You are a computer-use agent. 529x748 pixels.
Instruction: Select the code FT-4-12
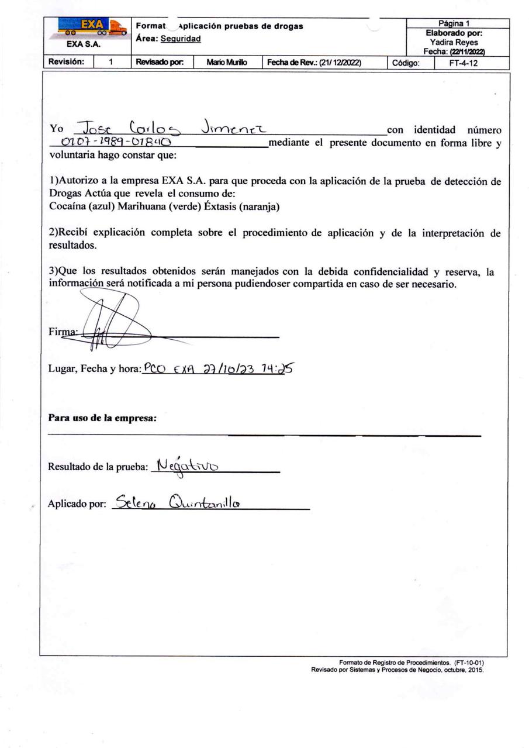click(x=463, y=63)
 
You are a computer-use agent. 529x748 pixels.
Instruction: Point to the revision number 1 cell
click(x=111, y=62)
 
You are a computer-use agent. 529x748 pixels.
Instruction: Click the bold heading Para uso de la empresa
click(x=103, y=418)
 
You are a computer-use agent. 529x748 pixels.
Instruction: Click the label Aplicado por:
click(x=77, y=504)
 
